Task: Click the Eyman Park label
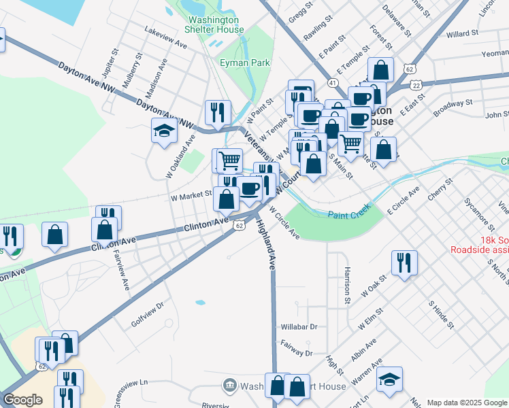coord(245,63)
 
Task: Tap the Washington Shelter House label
coord(216,25)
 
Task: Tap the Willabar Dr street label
coord(299,326)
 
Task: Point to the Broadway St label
coord(453,104)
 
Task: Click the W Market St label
coord(191,196)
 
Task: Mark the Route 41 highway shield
coord(333,82)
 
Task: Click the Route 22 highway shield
coord(416,85)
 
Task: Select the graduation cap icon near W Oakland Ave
coord(164,131)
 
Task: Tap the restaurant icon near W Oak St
coord(405,262)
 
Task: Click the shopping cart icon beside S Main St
coord(350,143)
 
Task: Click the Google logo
coord(22,399)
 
